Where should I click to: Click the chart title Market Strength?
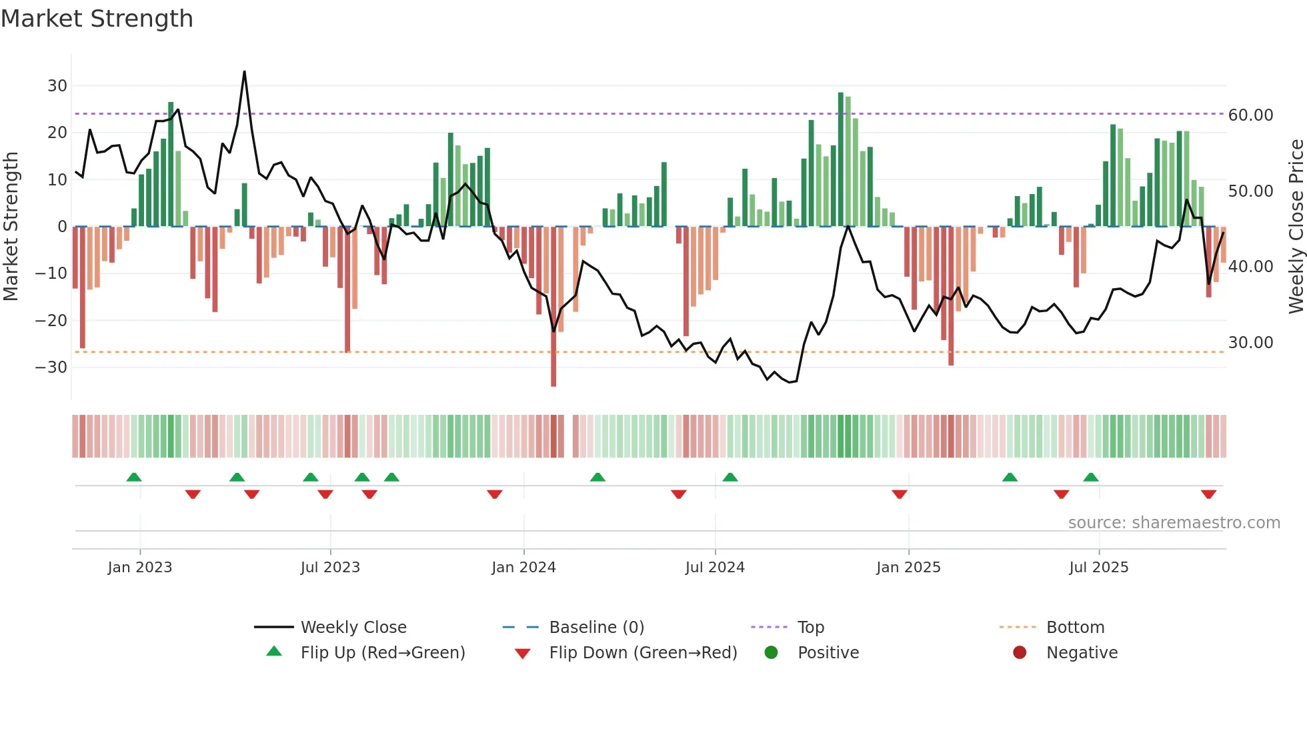click(x=97, y=19)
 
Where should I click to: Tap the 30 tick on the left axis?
click(x=57, y=85)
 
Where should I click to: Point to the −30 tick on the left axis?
click(x=51, y=367)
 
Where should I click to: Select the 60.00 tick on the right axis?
click(x=1250, y=115)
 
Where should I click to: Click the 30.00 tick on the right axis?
click(x=1250, y=343)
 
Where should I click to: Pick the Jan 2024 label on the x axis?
click(x=523, y=568)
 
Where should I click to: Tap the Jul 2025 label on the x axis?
click(x=1098, y=568)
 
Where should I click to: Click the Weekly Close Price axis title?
click(x=1296, y=227)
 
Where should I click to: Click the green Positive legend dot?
click(x=771, y=652)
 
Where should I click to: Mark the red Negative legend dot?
click(x=1020, y=652)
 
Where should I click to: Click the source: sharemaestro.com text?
click(x=1174, y=523)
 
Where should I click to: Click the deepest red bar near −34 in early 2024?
click(x=553, y=374)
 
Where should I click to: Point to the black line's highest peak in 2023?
click(x=244, y=72)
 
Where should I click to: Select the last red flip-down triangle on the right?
click(x=1208, y=494)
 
